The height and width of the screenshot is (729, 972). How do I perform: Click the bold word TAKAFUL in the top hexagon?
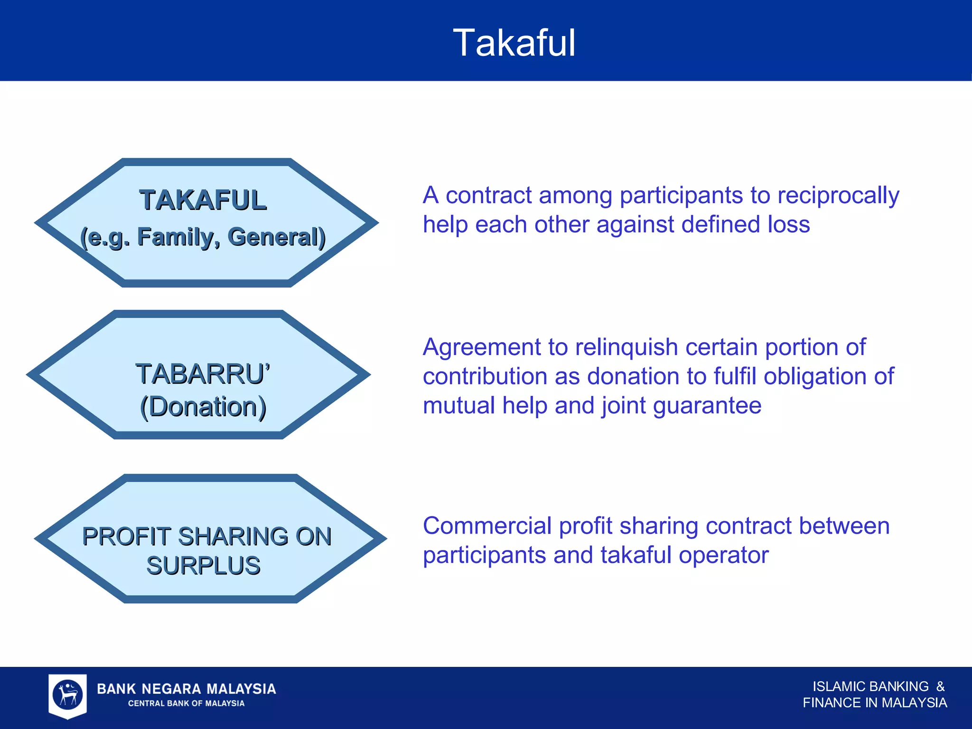203,200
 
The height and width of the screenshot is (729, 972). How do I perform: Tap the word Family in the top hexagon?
178,237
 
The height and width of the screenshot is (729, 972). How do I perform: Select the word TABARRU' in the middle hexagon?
203,374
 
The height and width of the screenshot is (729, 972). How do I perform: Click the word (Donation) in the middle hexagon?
203,407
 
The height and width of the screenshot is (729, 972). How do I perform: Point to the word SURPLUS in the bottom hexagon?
203,566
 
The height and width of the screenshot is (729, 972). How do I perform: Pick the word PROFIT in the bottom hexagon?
126,537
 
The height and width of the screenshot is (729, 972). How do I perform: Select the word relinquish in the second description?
626,347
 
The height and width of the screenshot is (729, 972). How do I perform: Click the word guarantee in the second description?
707,406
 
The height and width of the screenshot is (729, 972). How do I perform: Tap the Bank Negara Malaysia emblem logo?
67,695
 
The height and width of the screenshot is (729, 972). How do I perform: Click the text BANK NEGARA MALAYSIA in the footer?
186,689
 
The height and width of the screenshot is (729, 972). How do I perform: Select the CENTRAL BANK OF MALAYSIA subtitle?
186,703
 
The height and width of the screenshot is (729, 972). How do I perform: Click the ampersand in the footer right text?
940,687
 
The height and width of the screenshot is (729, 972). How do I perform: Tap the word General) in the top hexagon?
276,237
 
